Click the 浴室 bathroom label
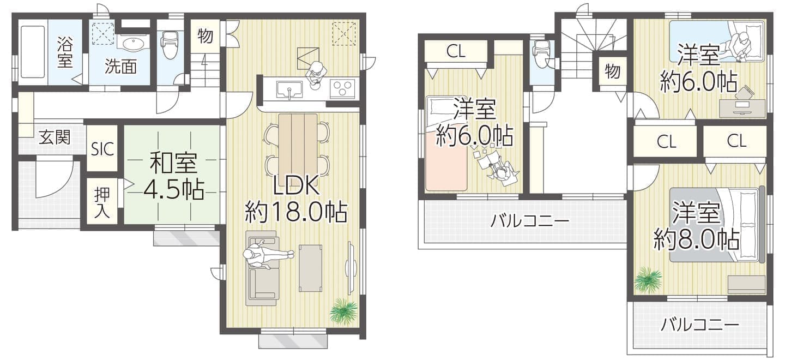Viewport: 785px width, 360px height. [x=65, y=51]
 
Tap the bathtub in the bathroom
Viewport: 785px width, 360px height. [x=33, y=51]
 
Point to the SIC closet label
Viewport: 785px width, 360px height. [x=102, y=149]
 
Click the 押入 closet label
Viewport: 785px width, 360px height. [x=102, y=203]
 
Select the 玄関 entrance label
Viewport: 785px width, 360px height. [x=55, y=137]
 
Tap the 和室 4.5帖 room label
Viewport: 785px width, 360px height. [x=174, y=177]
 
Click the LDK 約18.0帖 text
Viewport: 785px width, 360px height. [x=296, y=199]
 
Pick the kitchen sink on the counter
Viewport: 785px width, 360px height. [x=289, y=90]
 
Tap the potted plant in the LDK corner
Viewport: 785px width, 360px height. [x=343, y=311]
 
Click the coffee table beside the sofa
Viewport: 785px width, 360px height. [x=310, y=268]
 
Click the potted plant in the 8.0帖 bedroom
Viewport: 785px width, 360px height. [x=649, y=279]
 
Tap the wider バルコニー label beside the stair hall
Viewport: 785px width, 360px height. [x=530, y=221]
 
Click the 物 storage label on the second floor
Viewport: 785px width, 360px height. [x=612, y=72]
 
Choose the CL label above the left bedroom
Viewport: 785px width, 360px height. [x=456, y=51]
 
